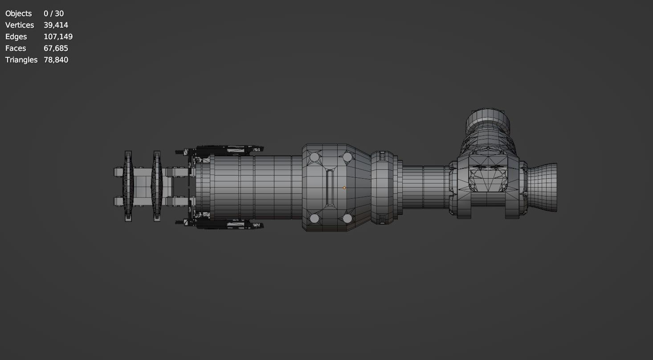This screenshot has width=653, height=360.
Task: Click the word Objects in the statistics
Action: (18, 13)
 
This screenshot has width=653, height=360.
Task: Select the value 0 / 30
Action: (53, 13)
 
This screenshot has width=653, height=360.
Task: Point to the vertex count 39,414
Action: (56, 25)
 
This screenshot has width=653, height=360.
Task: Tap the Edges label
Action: (16, 37)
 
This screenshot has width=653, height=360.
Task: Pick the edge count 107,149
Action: (58, 37)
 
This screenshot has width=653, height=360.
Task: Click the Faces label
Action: (16, 48)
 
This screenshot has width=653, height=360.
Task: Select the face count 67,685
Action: (56, 48)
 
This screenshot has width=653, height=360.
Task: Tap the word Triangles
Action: (21, 60)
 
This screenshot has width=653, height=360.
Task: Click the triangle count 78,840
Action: (56, 60)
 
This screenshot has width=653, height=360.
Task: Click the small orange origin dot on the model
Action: (344, 188)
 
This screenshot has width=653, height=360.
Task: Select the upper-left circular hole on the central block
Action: (314, 157)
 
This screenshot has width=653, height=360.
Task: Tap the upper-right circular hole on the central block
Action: (347, 157)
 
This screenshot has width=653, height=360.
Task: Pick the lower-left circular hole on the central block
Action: (314, 218)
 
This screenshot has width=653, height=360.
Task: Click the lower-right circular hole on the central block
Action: (347, 218)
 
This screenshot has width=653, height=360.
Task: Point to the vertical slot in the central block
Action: (329, 188)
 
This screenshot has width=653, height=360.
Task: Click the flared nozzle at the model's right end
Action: (543, 188)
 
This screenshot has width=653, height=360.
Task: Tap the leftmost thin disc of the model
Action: (128, 186)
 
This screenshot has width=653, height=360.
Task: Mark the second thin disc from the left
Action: (157, 186)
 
